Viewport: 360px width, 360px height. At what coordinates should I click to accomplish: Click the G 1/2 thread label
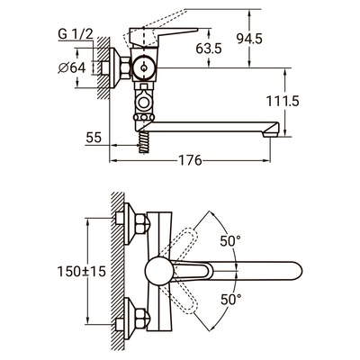click(76, 34)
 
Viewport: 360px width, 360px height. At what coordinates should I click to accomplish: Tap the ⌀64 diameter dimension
click(72, 67)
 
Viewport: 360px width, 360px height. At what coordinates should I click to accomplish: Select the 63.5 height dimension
click(209, 49)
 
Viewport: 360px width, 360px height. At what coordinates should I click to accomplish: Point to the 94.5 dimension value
click(249, 39)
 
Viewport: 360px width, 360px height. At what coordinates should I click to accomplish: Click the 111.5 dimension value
click(283, 102)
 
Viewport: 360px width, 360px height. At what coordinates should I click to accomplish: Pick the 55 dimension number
click(94, 138)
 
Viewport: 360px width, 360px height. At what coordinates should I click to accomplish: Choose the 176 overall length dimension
click(190, 160)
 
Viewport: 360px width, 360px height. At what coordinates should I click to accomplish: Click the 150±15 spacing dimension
click(82, 272)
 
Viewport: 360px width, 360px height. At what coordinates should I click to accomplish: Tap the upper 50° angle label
click(230, 241)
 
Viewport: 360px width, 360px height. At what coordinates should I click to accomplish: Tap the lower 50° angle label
click(230, 299)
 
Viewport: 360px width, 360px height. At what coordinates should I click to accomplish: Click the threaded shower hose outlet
click(144, 142)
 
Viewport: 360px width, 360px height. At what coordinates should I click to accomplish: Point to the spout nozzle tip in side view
click(270, 133)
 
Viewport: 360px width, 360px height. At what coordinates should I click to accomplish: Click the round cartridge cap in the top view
click(158, 270)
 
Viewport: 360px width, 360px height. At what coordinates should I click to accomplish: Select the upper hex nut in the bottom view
click(141, 223)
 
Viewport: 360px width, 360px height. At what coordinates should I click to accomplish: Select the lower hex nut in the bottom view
click(141, 319)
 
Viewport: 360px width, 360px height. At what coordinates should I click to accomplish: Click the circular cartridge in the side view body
click(144, 67)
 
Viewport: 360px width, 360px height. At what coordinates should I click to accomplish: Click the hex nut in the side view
click(126, 68)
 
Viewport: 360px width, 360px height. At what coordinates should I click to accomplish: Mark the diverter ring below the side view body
click(143, 102)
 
